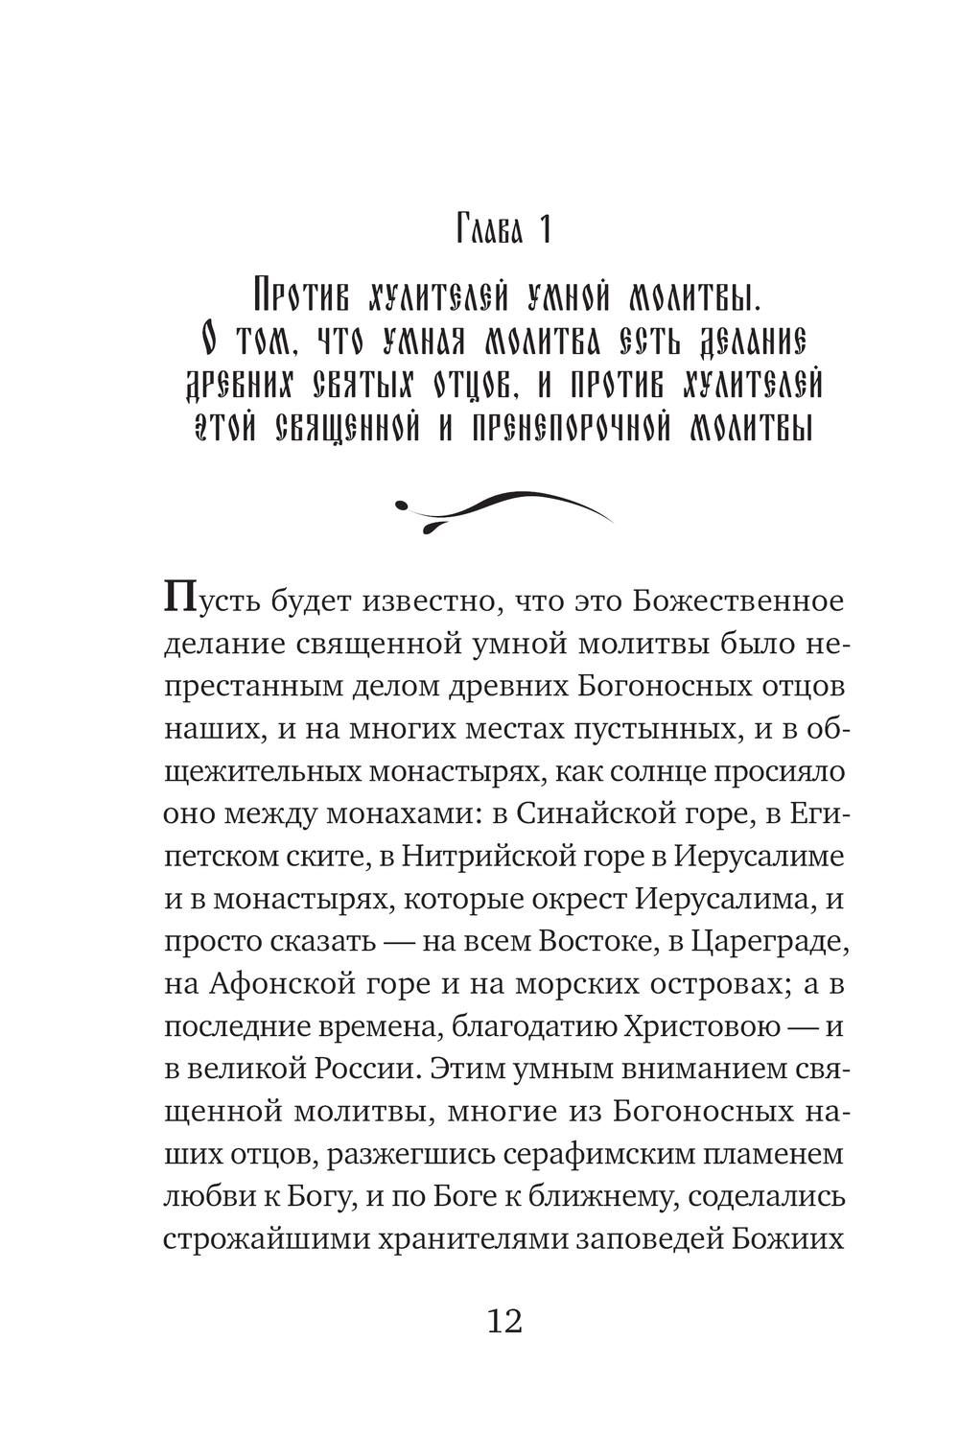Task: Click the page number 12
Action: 504,1322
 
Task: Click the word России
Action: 362,1069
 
